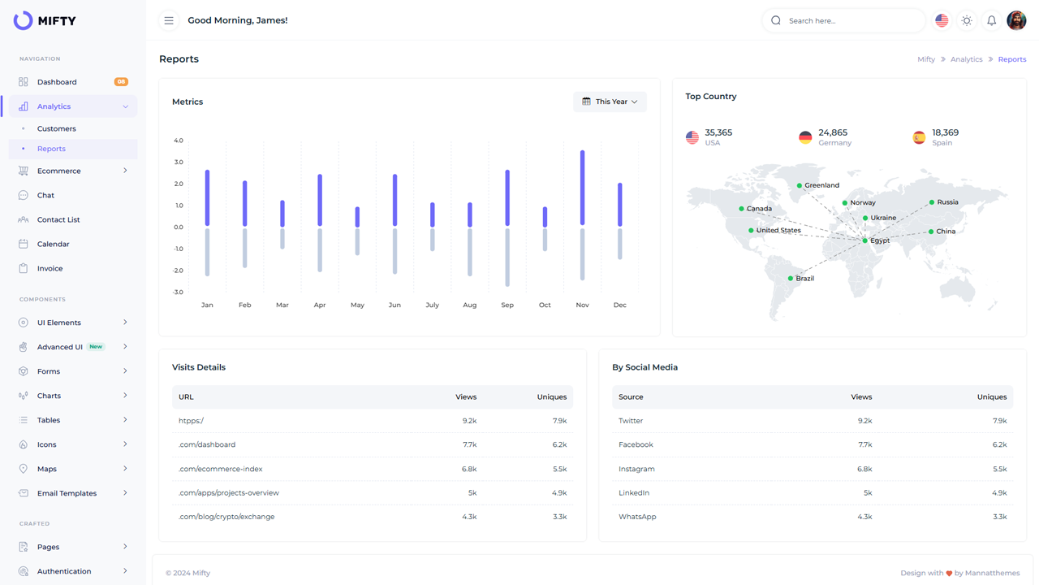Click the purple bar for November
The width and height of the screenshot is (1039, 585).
pos(582,188)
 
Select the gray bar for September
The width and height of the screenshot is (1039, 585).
pos(507,258)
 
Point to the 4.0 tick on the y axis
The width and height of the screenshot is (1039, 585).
pos(179,141)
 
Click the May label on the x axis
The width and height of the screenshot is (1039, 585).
pos(357,305)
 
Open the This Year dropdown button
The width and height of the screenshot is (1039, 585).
pos(610,102)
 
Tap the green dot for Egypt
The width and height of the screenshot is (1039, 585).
pos(865,240)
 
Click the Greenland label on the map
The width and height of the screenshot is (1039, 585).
pos(821,185)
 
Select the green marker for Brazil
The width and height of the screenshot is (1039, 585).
pos(791,279)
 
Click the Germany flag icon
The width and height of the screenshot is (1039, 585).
pos(805,137)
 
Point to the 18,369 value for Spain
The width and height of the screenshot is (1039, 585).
pos(945,132)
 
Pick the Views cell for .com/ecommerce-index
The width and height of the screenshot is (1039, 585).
pos(468,469)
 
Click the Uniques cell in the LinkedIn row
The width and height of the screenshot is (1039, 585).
pos(999,493)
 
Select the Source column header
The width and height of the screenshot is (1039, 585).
pos(631,397)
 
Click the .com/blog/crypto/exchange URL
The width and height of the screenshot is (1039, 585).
pos(226,517)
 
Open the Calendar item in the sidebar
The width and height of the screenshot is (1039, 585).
pos(53,244)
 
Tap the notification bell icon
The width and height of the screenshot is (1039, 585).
pos(991,20)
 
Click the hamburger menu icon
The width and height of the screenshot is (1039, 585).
pos(169,20)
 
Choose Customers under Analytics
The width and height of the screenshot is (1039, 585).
pos(57,128)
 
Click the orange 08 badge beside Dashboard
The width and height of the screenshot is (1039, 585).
pos(121,82)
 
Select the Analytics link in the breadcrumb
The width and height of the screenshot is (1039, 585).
pos(966,59)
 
